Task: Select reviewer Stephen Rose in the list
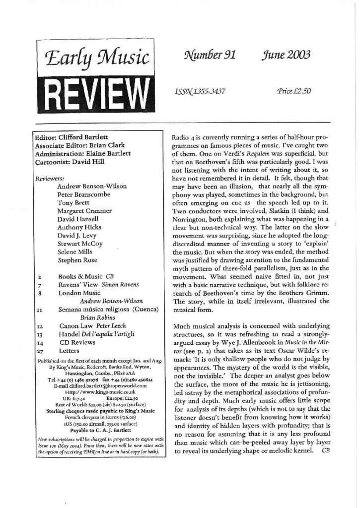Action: [78, 259]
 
